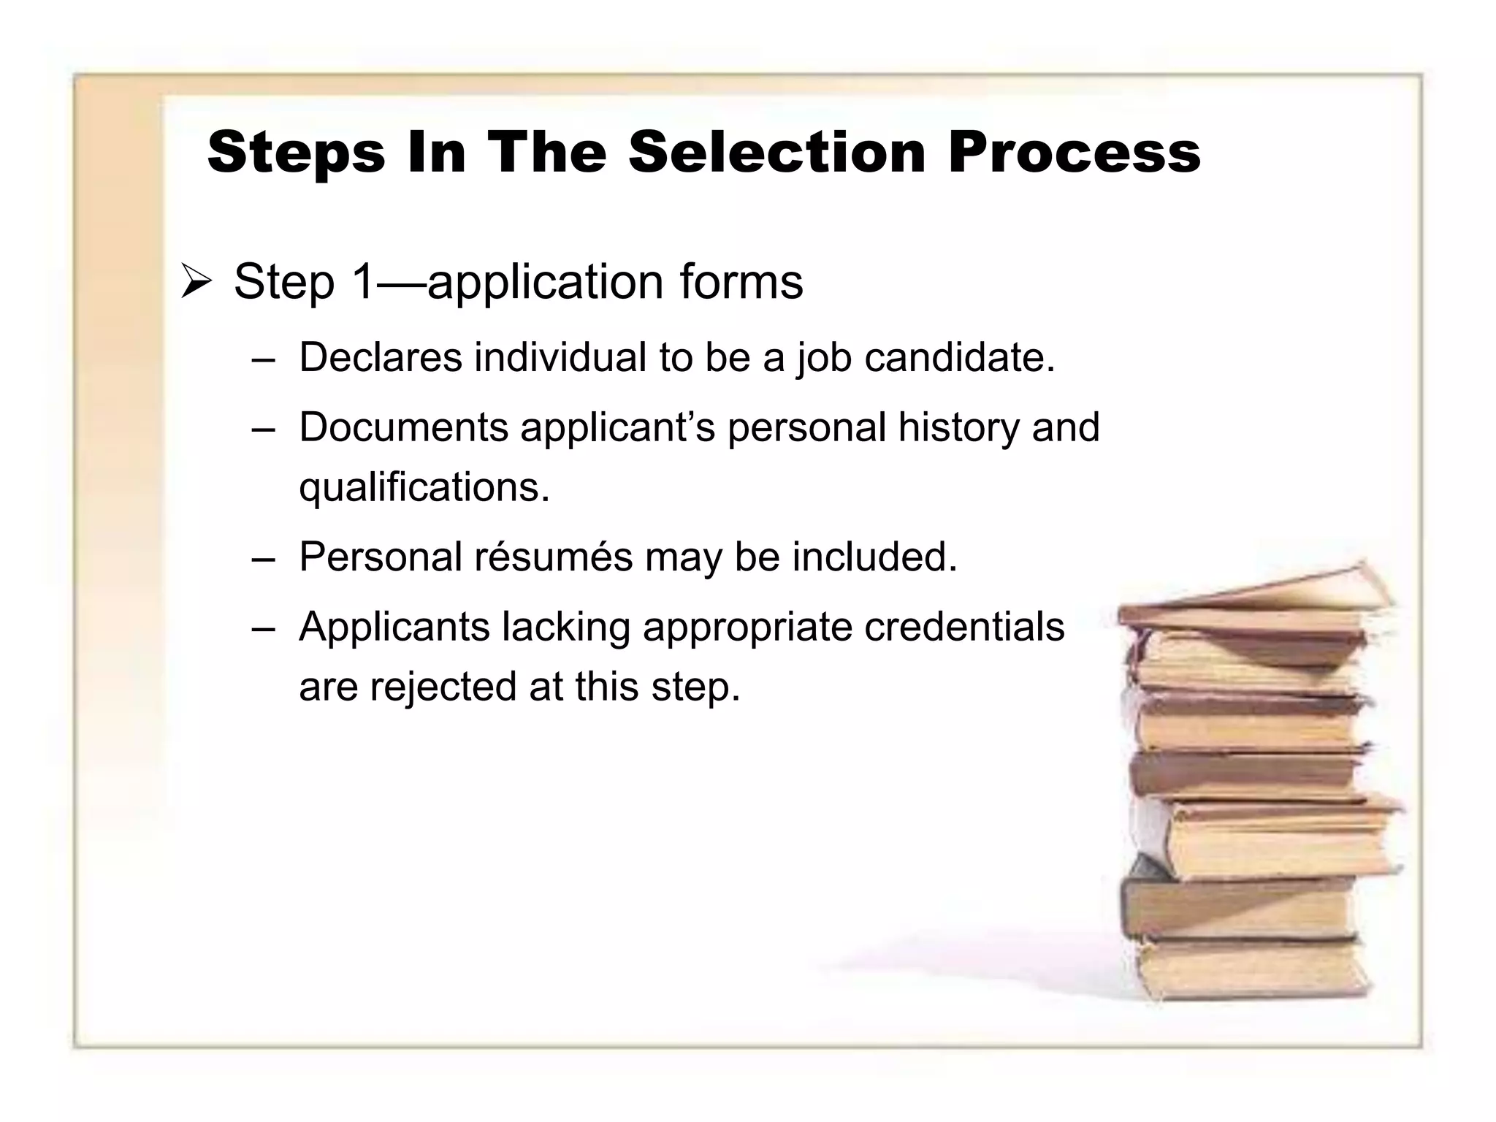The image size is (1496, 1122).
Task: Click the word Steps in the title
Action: click(296, 153)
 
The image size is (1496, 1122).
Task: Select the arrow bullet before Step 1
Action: click(196, 283)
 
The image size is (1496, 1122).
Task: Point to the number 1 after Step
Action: click(363, 281)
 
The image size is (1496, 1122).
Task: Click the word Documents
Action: click(403, 427)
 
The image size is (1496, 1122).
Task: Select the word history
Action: click(958, 427)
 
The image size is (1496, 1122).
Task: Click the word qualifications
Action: click(424, 487)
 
